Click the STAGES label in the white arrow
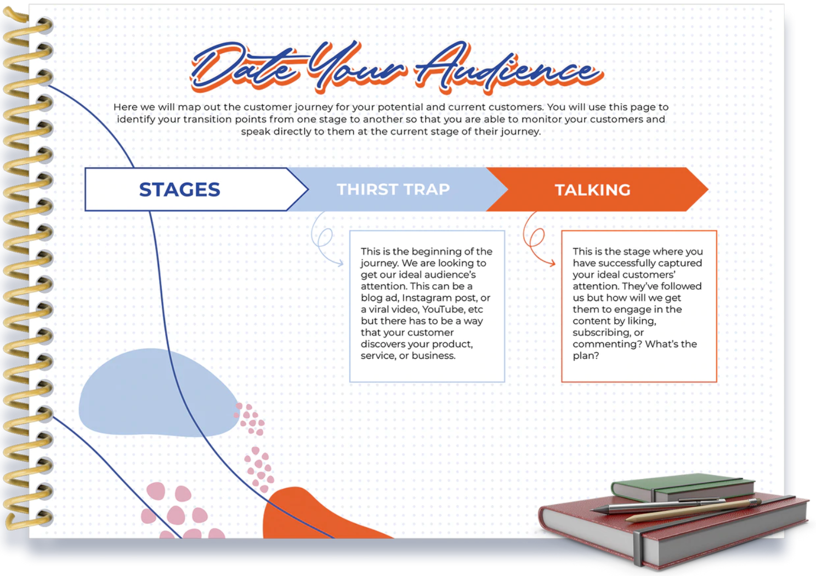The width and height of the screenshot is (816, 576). click(x=179, y=189)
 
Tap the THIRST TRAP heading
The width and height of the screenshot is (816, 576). click(x=393, y=189)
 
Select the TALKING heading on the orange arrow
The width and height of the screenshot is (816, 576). click(x=592, y=190)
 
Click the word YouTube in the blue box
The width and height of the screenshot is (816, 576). click(x=443, y=309)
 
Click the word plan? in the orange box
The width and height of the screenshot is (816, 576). click(x=586, y=355)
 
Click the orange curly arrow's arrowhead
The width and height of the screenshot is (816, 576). click(x=553, y=263)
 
